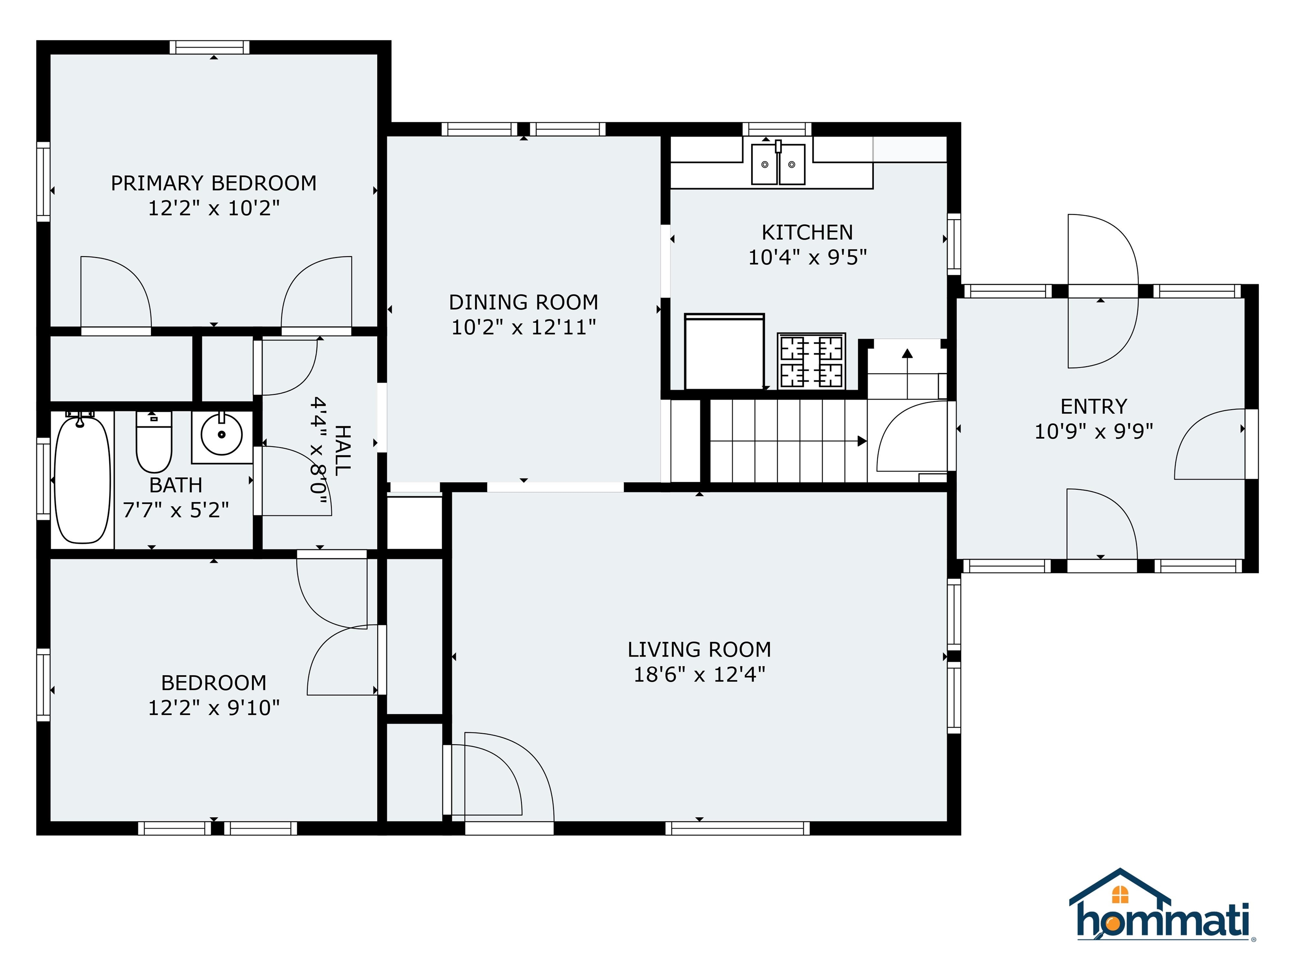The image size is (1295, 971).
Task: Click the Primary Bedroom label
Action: [x=214, y=183]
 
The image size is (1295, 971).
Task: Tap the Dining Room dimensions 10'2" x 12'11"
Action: [x=524, y=327]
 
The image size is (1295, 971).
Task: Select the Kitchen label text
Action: [x=807, y=232]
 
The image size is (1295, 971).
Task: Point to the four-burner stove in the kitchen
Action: [x=811, y=360]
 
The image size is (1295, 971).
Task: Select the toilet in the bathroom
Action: [x=154, y=442]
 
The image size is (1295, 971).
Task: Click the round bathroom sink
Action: [x=222, y=436]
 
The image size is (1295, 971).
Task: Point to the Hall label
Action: [x=343, y=451]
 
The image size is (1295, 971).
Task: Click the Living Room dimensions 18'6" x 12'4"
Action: [x=700, y=675]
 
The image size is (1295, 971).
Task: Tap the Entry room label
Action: [x=1093, y=406]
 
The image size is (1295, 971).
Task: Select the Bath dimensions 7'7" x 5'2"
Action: [x=176, y=510]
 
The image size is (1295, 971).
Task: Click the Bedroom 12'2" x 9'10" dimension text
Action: [x=214, y=708]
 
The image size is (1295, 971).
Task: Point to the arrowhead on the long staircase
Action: [x=862, y=441]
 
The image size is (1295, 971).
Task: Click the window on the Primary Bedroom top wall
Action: [x=210, y=47]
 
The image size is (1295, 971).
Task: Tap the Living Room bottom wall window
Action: [x=738, y=828]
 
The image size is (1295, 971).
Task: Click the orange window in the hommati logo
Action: [x=1120, y=894]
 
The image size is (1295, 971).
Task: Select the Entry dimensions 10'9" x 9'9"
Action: [x=1093, y=432]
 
